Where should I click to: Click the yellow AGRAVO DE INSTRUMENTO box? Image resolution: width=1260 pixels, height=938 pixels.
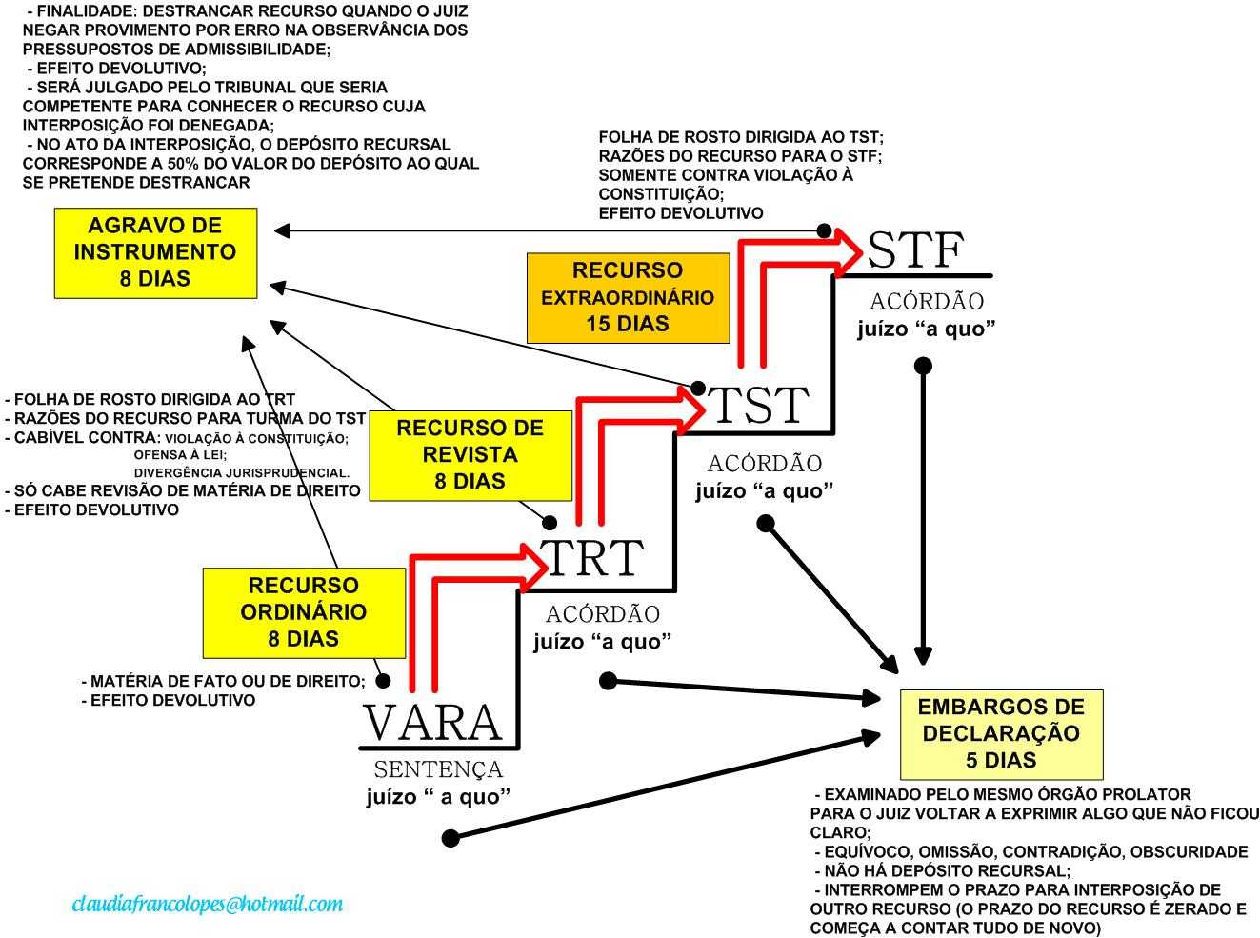(155, 252)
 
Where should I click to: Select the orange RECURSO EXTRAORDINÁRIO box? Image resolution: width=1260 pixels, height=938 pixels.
(628, 297)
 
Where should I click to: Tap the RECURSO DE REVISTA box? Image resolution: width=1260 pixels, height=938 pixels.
(470, 455)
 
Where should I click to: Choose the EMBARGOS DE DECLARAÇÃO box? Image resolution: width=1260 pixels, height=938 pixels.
(1001, 734)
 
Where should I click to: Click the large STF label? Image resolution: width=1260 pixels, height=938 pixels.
(915, 250)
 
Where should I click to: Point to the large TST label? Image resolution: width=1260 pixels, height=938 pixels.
(759, 405)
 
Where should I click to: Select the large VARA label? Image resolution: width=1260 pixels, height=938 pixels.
(432, 723)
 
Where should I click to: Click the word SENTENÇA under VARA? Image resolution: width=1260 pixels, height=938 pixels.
(438, 769)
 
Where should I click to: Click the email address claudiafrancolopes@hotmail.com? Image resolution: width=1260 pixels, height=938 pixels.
(208, 904)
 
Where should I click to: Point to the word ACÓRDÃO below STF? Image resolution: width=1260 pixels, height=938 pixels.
(926, 302)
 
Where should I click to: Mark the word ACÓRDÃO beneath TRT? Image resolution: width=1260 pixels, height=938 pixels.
(602, 614)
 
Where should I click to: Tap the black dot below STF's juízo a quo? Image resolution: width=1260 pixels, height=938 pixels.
(922, 365)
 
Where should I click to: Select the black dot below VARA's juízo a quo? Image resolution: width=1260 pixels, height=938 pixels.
(450, 838)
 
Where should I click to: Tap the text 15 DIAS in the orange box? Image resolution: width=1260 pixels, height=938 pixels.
(628, 324)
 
